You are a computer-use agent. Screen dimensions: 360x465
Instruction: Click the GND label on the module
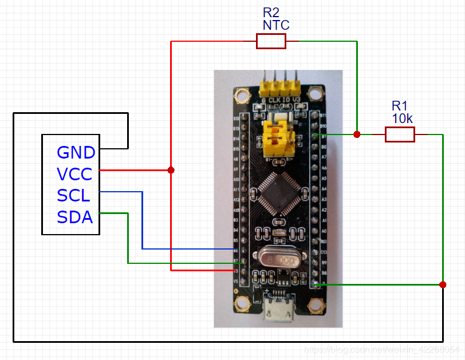(x=76, y=152)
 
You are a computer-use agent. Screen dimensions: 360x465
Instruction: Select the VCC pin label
(x=74, y=173)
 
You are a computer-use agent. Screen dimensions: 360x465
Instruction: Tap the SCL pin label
(x=74, y=195)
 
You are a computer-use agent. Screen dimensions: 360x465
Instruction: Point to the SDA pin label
(x=75, y=217)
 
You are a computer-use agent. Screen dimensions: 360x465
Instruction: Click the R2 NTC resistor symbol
(x=271, y=41)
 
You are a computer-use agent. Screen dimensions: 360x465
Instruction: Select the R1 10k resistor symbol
(x=400, y=134)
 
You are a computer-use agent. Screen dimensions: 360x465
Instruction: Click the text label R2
(x=271, y=13)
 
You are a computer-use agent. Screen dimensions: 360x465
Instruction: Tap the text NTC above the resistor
(x=276, y=25)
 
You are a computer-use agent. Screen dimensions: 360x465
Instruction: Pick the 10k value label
(x=402, y=118)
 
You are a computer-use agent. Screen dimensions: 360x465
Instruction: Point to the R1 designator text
(x=400, y=106)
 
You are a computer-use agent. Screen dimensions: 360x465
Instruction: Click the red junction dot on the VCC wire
(x=171, y=170)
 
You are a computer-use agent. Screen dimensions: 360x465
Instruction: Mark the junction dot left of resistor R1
(x=357, y=134)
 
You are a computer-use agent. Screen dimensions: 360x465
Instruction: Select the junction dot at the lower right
(x=443, y=284)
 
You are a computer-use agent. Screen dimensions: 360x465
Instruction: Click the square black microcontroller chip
(x=277, y=192)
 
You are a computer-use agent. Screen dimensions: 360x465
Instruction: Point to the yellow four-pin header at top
(x=280, y=86)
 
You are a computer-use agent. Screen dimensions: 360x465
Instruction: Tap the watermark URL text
(x=381, y=349)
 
